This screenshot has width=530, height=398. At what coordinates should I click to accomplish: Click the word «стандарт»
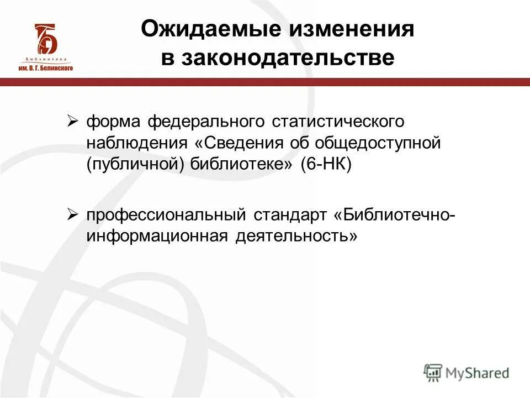pyautogui.click(x=292, y=214)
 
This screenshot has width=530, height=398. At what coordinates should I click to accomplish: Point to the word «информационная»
pyautogui.click(x=157, y=236)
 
